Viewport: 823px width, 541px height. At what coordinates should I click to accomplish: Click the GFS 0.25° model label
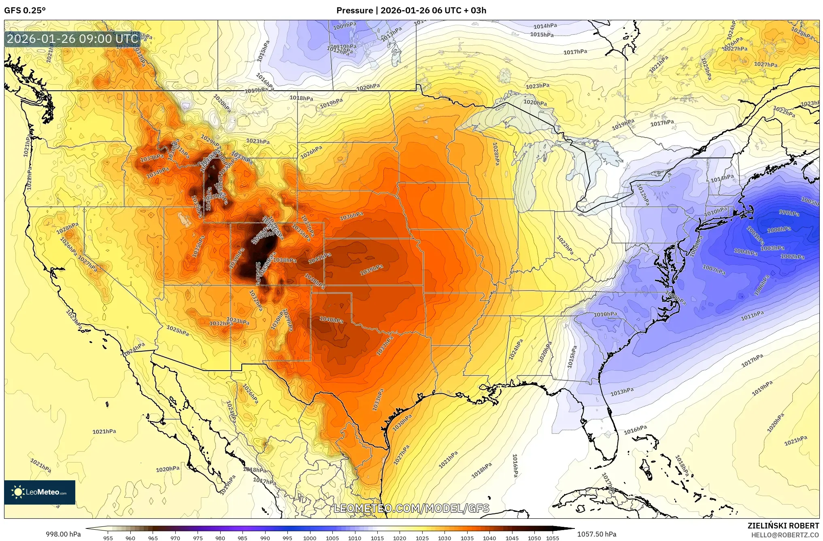click(x=25, y=11)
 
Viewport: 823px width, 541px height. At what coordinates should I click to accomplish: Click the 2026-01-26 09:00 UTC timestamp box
click(x=72, y=39)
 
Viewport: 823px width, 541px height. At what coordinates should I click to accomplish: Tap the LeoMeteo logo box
click(x=40, y=492)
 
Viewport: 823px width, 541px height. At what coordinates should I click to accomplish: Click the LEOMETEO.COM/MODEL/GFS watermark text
click(x=411, y=508)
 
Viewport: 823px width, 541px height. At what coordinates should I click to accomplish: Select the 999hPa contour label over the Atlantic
click(x=789, y=213)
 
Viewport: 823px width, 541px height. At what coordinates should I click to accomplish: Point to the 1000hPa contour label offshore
click(x=779, y=229)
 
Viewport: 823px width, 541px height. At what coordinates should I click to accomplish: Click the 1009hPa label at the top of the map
click(x=345, y=26)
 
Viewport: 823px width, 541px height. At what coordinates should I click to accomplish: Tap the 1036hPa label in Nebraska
click(x=351, y=216)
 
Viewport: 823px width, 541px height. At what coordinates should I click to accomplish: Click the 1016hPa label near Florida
click(x=635, y=430)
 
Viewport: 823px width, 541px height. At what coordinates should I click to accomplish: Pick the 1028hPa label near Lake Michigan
click(x=496, y=153)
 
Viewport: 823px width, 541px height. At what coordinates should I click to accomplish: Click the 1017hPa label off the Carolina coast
click(x=752, y=361)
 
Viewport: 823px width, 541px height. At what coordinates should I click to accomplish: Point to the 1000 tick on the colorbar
click(x=310, y=538)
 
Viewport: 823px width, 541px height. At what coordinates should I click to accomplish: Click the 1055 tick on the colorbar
click(x=552, y=538)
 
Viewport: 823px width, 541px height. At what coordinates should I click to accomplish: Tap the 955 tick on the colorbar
click(x=108, y=538)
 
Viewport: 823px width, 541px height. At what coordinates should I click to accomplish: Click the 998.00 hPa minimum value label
click(x=63, y=534)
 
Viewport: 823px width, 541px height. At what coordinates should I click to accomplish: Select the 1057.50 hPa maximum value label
click(x=597, y=534)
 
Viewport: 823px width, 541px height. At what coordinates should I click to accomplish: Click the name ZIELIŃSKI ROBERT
click(x=783, y=526)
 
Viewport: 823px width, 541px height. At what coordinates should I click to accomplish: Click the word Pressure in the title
click(x=354, y=11)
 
